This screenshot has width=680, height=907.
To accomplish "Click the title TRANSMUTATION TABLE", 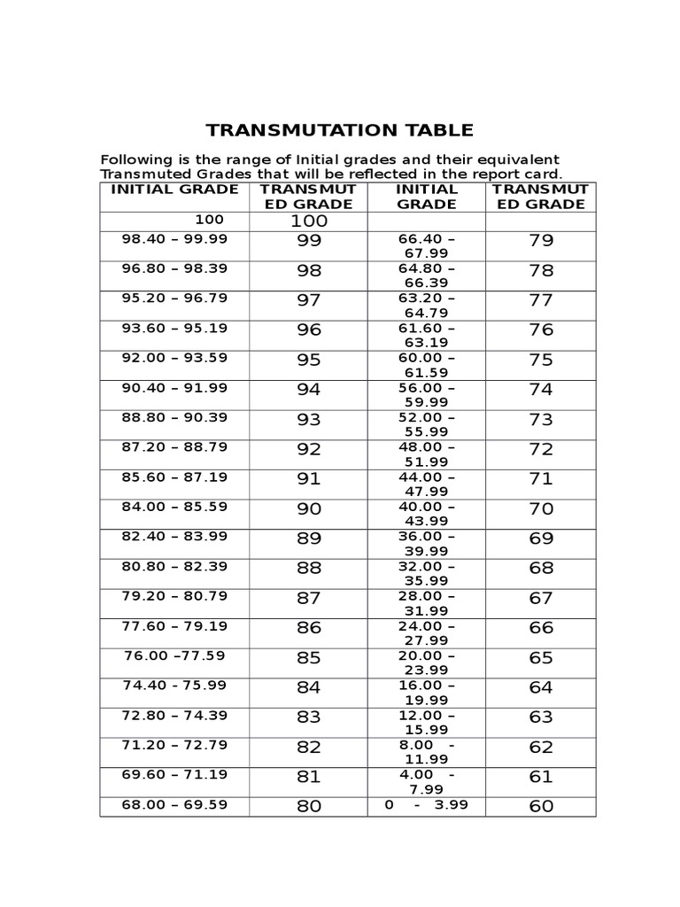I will (x=340, y=131).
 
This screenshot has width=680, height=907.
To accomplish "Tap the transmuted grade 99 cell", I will (x=309, y=241).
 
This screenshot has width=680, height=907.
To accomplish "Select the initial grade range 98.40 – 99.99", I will (x=174, y=238).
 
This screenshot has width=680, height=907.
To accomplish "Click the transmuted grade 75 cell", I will (x=540, y=360).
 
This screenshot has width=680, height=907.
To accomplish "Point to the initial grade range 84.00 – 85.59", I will (x=174, y=507).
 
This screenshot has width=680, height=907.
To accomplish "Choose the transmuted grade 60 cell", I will (x=540, y=806).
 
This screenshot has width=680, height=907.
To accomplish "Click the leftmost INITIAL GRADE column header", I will (x=174, y=190).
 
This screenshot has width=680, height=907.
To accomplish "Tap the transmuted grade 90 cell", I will (x=309, y=509).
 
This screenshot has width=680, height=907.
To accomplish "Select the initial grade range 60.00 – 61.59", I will (x=427, y=366).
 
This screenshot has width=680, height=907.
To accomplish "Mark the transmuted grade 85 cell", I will (x=309, y=658).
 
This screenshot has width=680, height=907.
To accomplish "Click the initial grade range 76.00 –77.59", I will (x=174, y=655).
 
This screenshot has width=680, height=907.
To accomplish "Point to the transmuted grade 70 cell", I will (x=540, y=509).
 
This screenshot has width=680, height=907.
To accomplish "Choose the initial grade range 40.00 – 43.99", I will (x=427, y=515).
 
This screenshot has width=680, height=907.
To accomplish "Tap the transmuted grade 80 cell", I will (x=309, y=807).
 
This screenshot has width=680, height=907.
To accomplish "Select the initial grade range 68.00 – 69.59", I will (x=174, y=804).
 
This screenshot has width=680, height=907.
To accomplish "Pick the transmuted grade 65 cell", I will (x=540, y=658).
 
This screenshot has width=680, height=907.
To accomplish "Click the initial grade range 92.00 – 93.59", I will (x=174, y=358).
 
